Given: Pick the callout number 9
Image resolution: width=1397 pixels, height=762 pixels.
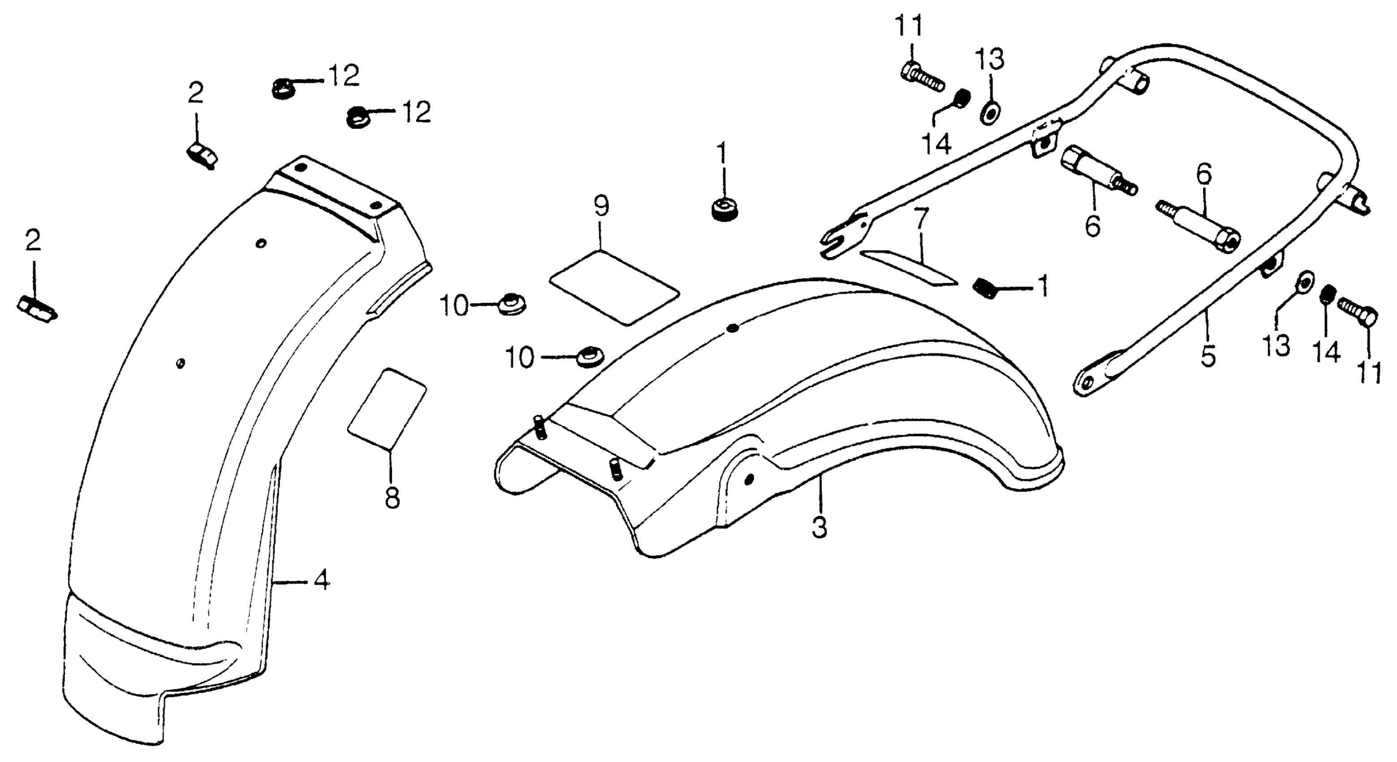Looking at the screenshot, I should coord(601,206).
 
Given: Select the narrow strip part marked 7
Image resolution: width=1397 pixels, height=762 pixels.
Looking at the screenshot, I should coord(909,268).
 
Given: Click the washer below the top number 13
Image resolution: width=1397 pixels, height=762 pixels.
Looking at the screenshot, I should coord(990,115).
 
